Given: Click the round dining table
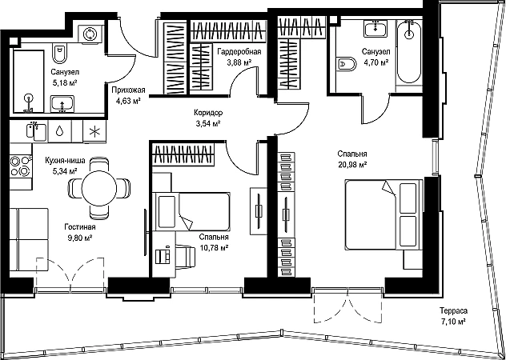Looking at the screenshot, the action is point(99,188).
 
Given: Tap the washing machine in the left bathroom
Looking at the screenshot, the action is point(90,34).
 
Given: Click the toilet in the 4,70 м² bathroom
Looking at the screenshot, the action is point(347,65).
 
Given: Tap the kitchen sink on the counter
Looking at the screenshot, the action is point(36,131).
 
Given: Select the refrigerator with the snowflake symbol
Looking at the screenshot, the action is point(94,131).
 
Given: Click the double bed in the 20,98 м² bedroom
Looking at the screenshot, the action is point(384,214).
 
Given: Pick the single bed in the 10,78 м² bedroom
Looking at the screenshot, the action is point(191,212).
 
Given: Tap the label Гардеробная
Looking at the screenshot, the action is point(239,52).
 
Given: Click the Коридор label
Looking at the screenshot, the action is point(208,113).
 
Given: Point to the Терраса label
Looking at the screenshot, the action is point(453,311).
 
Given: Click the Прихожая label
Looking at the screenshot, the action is point(129,90).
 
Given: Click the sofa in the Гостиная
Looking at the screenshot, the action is point(29,240).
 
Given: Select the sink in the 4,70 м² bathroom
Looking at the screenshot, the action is point(376,28).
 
